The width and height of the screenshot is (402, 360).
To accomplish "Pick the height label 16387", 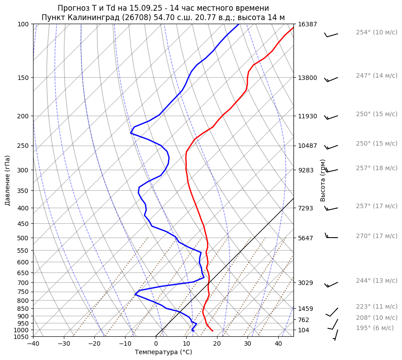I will [x=307, y=24].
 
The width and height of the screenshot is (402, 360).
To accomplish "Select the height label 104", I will [x=304, y=330].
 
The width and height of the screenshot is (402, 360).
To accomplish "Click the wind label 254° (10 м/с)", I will [x=377, y=33].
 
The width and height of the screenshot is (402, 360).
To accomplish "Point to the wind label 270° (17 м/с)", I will [x=377, y=236].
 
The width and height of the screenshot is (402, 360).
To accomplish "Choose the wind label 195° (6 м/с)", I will [x=375, y=328].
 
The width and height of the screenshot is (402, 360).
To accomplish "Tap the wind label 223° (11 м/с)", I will [x=377, y=306].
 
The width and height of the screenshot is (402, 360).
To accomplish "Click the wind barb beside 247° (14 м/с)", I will [x=331, y=80].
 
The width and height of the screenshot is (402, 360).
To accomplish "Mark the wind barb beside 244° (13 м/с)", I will [x=331, y=285].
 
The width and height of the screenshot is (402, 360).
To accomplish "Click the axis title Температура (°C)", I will [x=163, y=352].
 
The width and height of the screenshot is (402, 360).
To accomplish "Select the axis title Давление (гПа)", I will [x=8, y=180].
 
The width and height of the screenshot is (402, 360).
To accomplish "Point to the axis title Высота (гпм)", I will [x=323, y=180].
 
